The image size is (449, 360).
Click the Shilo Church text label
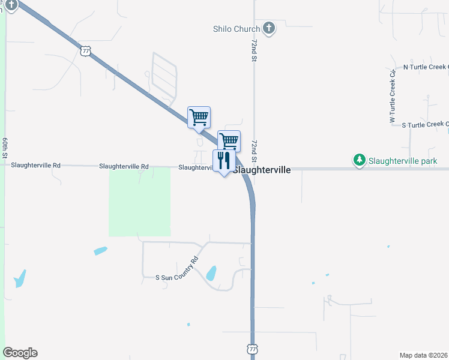[x=237, y=29]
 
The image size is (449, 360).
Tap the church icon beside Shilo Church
[x=269, y=28]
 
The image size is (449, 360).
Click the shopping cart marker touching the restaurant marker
[x=229, y=142]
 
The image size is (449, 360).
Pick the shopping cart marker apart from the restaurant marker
[x=199, y=117]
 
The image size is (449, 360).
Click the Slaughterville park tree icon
[x=359, y=160]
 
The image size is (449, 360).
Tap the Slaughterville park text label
[x=403, y=161]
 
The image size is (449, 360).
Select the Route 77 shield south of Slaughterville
[x=252, y=349]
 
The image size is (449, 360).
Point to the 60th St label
[x=4, y=148]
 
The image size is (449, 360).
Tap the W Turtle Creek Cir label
[x=393, y=97]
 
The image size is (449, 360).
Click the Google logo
[x=20, y=353]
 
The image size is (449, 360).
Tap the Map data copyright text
[x=423, y=355]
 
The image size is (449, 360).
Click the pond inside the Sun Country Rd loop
[x=211, y=274]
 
